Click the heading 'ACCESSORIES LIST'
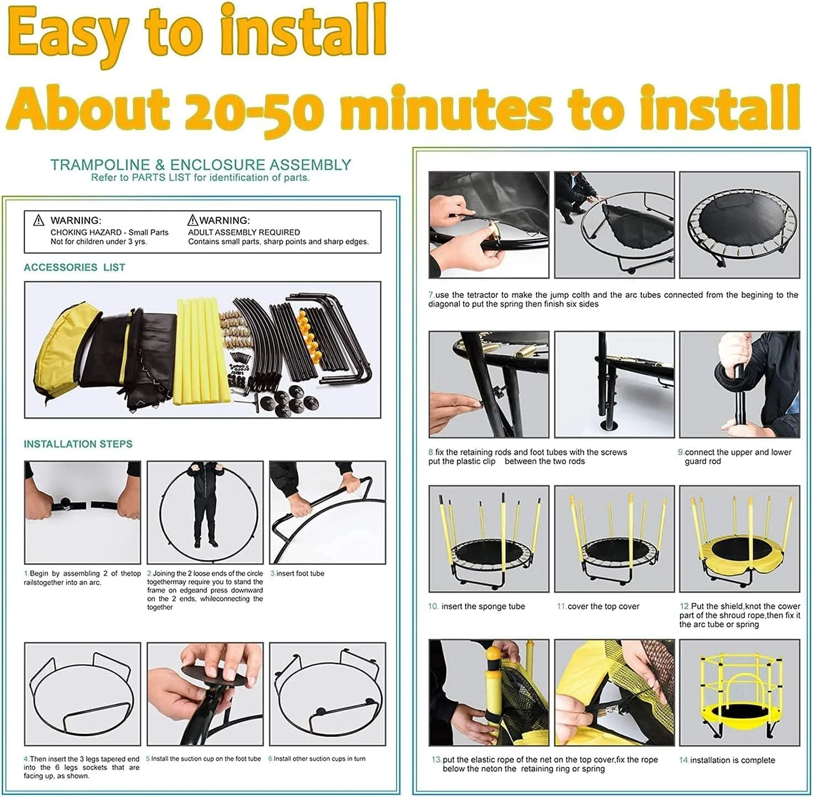[x=74, y=267]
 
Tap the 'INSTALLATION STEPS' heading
[x=78, y=444]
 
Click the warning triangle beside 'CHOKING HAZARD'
[x=39, y=220]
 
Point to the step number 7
[x=431, y=295]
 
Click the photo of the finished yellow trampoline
[x=739, y=693]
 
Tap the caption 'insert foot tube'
[x=300, y=574]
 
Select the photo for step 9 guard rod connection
[x=739, y=384]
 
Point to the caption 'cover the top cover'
[x=603, y=606]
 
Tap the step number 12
[x=685, y=606]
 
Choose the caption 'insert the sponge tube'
[x=483, y=606]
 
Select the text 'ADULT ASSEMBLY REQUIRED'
[x=244, y=232]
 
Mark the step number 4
[x=26, y=758]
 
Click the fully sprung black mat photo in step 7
[x=739, y=225]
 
